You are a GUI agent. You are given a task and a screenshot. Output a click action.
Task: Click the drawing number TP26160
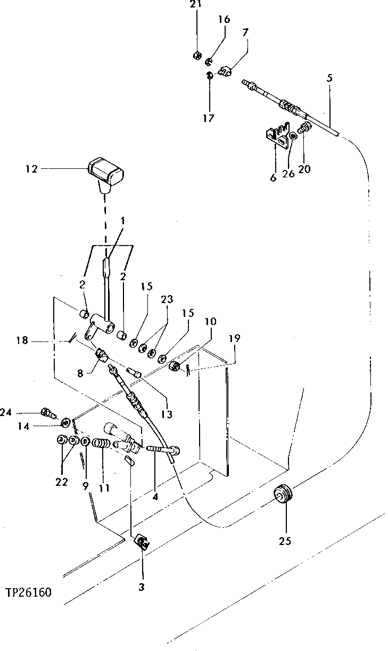pyautogui.click(x=29, y=592)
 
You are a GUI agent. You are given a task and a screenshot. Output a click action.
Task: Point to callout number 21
pyautogui.click(x=196, y=5)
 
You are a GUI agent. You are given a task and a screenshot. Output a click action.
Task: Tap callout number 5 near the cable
pyautogui.click(x=329, y=78)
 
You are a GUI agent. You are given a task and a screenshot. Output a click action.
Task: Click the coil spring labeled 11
pyautogui.click(x=101, y=443)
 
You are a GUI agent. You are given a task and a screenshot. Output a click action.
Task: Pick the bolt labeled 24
pyautogui.click(x=47, y=412)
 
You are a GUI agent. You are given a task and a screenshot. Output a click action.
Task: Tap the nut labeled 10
pyautogui.click(x=174, y=366)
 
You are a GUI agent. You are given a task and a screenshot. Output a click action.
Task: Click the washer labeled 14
pyautogui.click(x=66, y=424)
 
